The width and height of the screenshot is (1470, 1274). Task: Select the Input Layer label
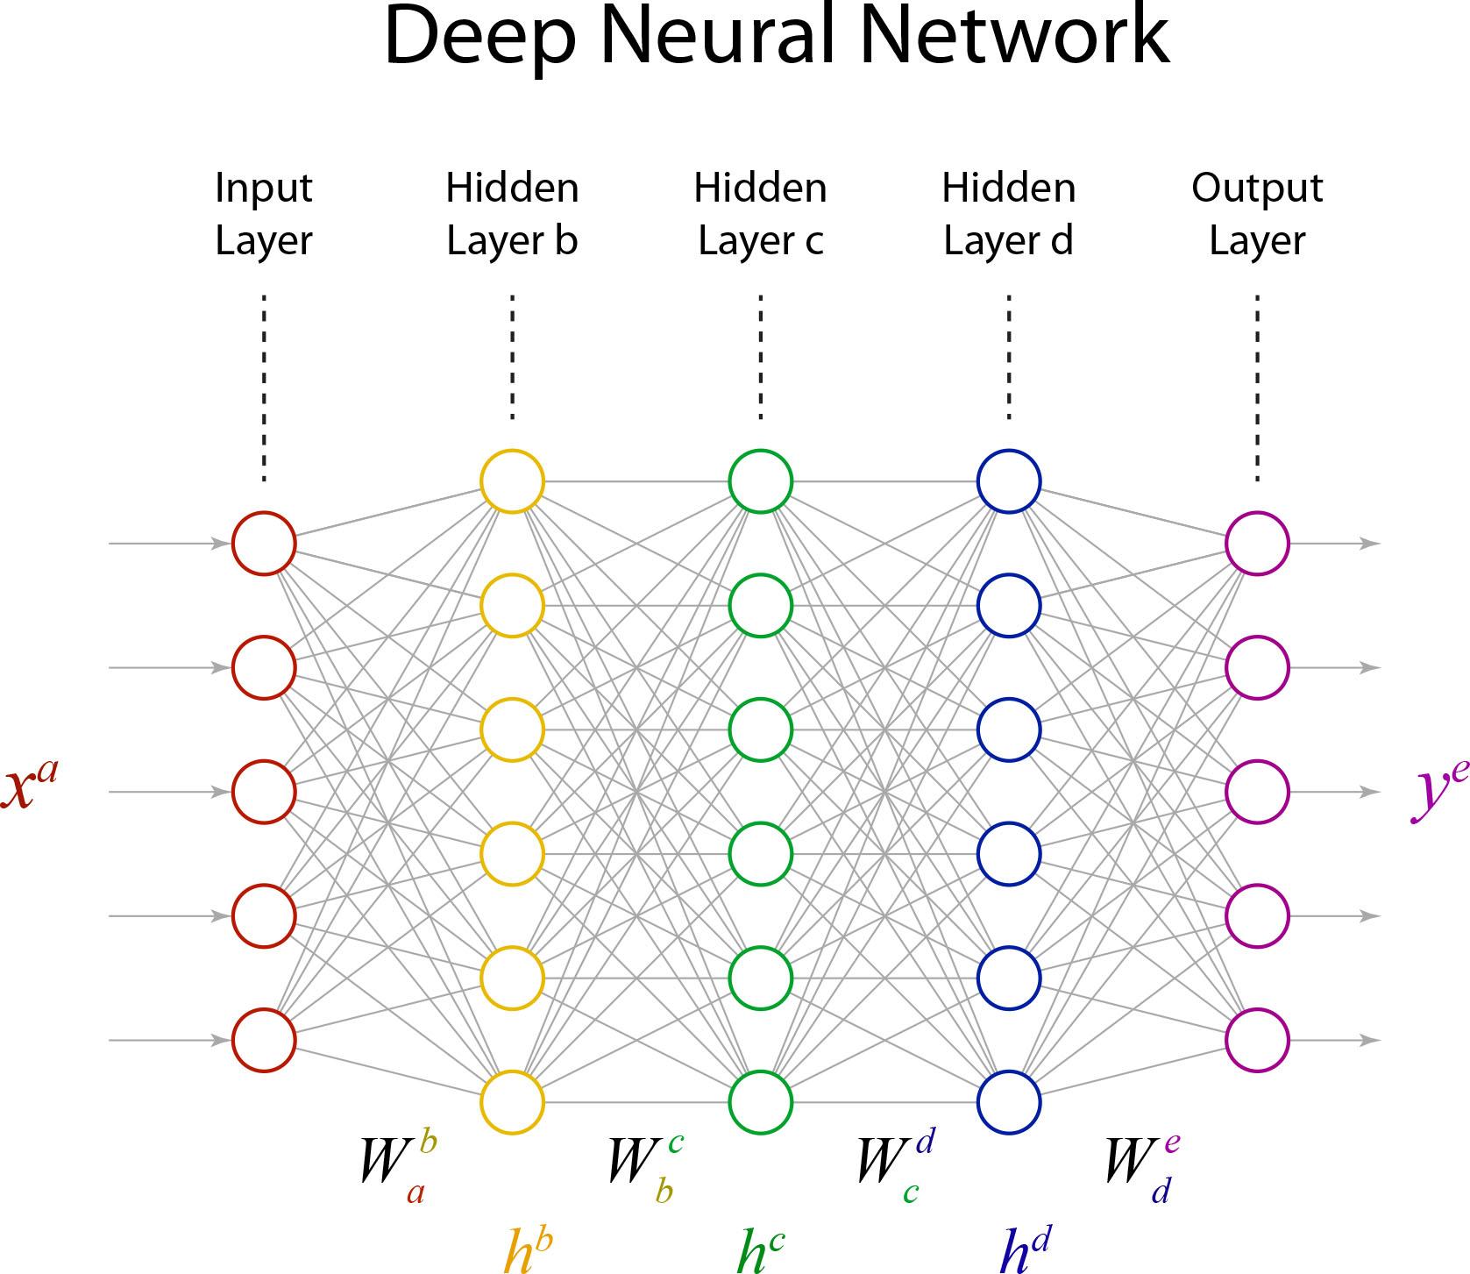click(x=264, y=214)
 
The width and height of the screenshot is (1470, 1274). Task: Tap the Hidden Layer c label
click(x=760, y=214)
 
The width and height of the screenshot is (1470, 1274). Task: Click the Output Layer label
click(x=1257, y=214)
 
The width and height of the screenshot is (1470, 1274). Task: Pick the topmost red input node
click(x=264, y=544)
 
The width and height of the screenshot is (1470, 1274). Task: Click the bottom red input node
click(x=264, y=1040)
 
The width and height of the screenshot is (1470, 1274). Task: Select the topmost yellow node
click(x=512, y=481)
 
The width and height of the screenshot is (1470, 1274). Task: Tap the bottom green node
click(x=760, y=1102)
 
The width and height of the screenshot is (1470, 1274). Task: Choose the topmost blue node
click(x=1009, y=481)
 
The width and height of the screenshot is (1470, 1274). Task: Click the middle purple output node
click(x=1257, y=792)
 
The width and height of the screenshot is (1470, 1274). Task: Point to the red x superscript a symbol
click(x=29, y=785)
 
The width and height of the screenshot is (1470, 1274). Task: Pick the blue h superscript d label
click(x=1025, y=1249)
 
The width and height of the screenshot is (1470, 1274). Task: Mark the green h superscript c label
click(x=760, y=1249)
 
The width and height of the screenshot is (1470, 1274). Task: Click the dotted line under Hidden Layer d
click(x=1009, y=358)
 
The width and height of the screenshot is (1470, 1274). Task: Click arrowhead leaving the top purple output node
click(x=1369, y=544)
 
